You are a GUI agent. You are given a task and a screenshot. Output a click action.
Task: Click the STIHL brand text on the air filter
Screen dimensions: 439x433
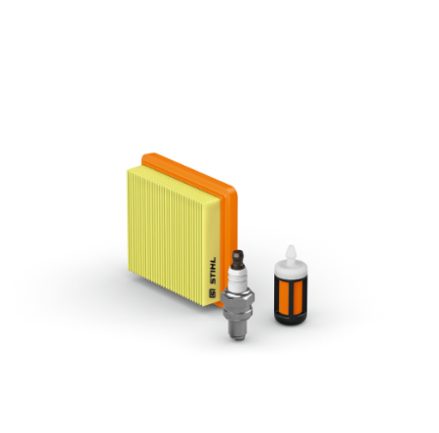coord(213,271)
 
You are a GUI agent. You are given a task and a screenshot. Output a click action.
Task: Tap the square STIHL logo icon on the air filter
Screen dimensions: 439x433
coord(213,292)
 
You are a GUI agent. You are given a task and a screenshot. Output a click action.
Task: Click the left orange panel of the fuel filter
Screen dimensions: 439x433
coord(282,294)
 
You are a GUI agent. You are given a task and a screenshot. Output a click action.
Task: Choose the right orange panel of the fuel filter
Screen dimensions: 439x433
coord(299,294)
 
